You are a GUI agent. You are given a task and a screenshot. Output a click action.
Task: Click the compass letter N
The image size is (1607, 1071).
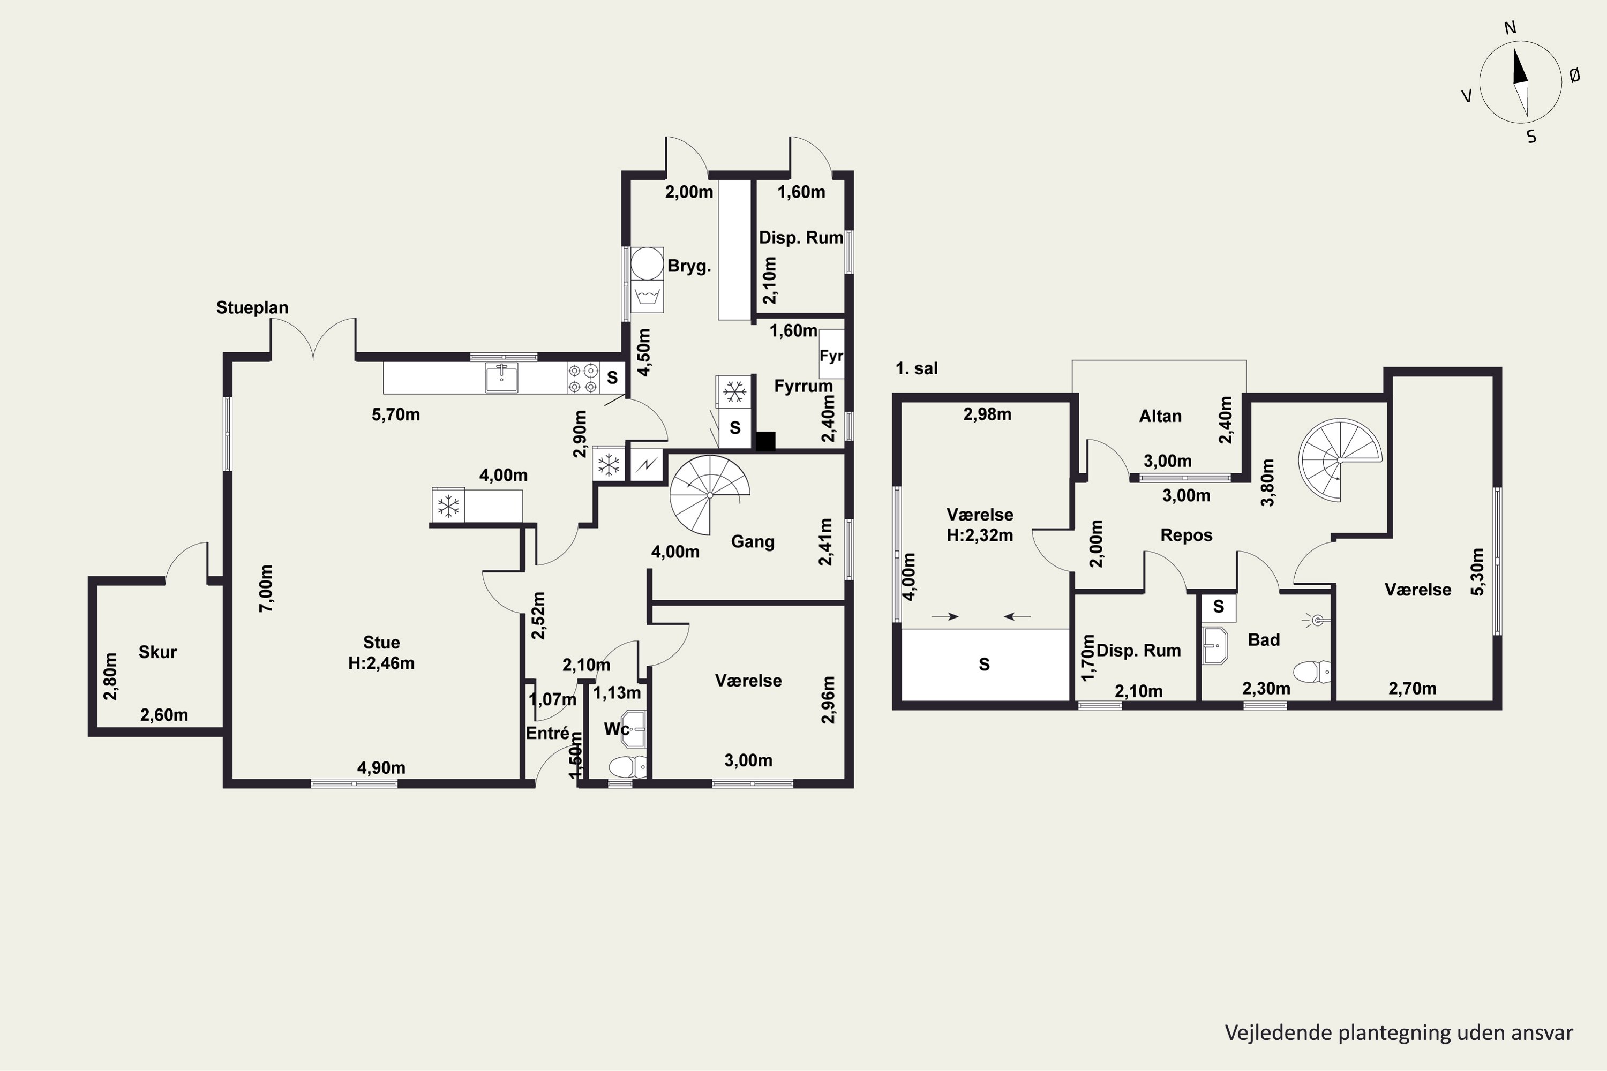tap(1510, 28)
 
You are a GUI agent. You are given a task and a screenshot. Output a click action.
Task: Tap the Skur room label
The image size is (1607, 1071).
tap(158, 652)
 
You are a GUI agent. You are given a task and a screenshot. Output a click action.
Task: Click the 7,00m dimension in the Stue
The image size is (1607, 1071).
tap(266, 588)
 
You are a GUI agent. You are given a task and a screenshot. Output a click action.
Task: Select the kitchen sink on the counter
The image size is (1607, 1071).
tap(501, 378)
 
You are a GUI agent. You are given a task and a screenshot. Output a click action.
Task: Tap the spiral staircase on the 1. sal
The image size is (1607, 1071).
tap(1340, 459)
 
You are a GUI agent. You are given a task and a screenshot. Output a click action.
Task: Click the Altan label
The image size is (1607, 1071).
tap(1160, 416)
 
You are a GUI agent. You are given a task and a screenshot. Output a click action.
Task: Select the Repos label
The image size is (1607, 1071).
tap(1186, 535)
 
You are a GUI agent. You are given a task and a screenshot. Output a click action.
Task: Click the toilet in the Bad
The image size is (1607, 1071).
tap(1312, 672)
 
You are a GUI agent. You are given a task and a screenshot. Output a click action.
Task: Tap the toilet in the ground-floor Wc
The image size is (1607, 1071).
tap(627, 767)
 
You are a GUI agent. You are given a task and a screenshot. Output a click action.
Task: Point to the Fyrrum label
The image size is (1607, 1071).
tap(803, 387)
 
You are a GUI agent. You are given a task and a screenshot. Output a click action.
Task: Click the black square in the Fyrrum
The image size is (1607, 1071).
tap(765, 441)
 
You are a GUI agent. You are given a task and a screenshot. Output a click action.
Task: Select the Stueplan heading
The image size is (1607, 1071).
tap(252, 308)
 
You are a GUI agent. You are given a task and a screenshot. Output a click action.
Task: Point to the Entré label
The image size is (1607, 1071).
tap(548, 733)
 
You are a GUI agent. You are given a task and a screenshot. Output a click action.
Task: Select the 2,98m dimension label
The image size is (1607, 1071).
tap(987, 414)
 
